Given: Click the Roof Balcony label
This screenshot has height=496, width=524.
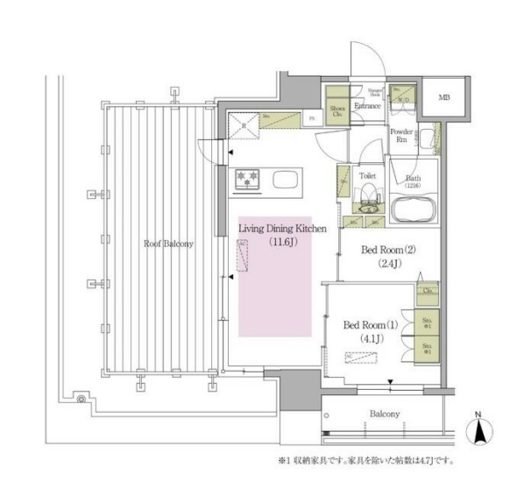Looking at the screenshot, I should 169,244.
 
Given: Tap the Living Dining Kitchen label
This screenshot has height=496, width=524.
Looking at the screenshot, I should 283,228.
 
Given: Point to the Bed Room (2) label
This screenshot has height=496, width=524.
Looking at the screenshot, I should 388,250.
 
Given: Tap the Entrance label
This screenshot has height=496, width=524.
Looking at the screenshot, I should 365,107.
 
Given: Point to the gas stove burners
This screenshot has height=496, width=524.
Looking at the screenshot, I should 247,180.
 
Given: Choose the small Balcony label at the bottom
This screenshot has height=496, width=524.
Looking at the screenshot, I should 384,414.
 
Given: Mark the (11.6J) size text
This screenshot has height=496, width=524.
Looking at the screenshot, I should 283,241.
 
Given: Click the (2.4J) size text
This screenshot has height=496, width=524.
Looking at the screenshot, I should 388,263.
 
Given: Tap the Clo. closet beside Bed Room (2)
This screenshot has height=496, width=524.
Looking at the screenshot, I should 428,291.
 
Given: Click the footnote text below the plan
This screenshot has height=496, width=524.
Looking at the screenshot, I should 365,459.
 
